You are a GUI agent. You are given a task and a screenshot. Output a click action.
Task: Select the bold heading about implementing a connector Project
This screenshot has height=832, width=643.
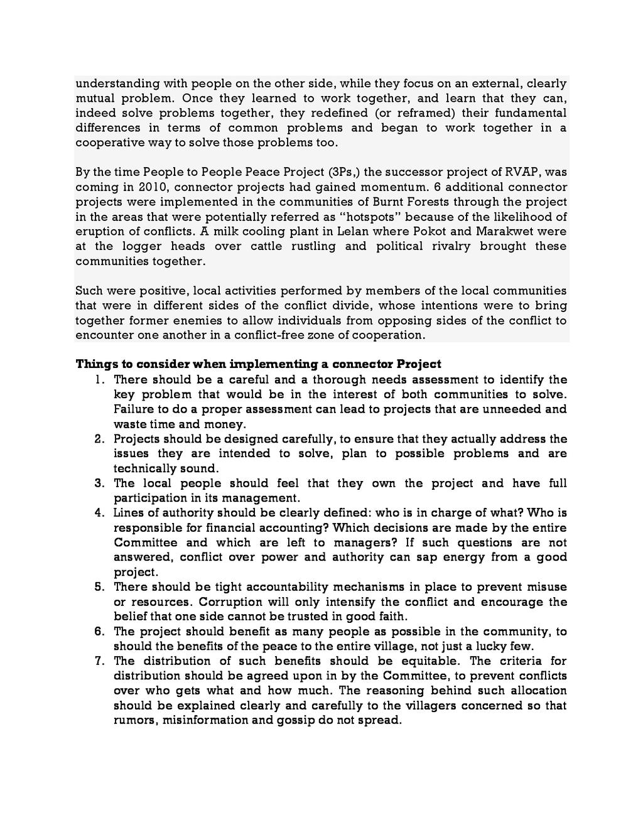coord(258,364)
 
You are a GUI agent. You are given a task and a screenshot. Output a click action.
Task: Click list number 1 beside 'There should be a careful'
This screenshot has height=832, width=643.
coord(99,380)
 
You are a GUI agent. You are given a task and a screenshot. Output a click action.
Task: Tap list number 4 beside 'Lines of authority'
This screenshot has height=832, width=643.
coord(99,513)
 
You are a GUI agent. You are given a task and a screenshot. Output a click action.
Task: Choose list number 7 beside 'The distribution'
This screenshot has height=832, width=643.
coord(99,661)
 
